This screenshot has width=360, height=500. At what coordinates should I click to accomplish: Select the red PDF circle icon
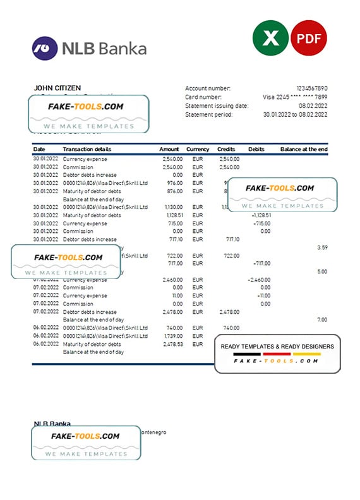click(308, 38)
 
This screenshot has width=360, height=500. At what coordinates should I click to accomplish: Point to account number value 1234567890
click(312, 88)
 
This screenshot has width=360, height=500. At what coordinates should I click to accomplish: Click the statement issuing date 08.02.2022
click(313, 106)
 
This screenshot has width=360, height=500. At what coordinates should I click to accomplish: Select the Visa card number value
click(295, 97)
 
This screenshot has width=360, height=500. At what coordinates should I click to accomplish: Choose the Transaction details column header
click(87, 149)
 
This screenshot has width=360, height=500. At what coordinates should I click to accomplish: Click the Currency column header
click(198, 149)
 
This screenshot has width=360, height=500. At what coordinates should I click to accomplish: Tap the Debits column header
click(256, 149)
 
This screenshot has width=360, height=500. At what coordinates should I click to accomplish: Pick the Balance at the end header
click(304, 149)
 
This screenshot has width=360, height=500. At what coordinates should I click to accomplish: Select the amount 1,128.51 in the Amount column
click(172, 215)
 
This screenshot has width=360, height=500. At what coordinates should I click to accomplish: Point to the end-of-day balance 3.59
click(321, 248)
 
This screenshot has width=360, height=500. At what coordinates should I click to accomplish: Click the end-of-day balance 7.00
click(321, 320)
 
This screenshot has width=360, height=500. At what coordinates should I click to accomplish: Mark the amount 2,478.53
click(172, 344)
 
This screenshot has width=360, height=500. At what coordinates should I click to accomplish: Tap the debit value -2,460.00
click(258, 280)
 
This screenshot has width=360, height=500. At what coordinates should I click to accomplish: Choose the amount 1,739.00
click(172, 336)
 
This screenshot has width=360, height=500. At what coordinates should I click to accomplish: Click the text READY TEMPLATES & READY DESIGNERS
click(277, 347)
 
